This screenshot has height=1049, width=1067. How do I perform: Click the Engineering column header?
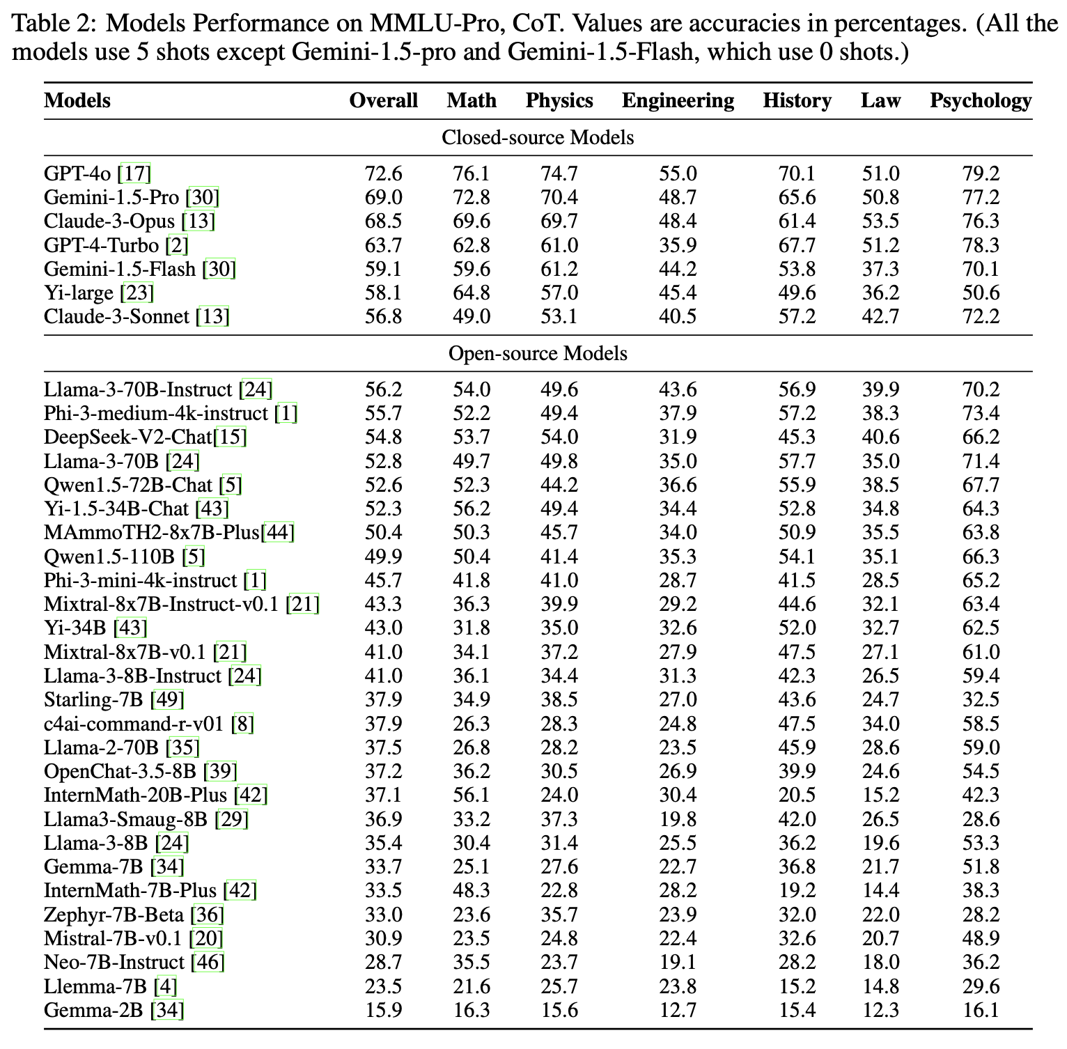click(x=678, y=101)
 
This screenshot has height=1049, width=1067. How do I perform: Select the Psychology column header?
click(x=980, y=101)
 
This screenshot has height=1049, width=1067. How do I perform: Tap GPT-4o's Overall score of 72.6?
click(x=383, y=173)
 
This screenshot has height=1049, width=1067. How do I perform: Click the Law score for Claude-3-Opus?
click(x=880, y=222)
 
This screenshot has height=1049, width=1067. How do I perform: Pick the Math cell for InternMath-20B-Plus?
click(x=472, y=795)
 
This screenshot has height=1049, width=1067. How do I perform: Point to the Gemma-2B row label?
click(x=96, y=1009)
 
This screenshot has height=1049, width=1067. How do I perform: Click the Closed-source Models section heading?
click(x=538, y=137)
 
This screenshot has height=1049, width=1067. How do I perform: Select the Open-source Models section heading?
click(x=538, y=354)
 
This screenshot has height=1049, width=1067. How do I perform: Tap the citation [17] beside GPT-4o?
click(x=134, y=173)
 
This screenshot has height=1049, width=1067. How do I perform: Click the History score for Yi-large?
click(x=797, y=293)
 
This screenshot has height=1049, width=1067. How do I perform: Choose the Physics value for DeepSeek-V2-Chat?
click(x=559, y=437)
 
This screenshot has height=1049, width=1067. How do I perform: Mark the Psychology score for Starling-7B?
click(x=981, y=699)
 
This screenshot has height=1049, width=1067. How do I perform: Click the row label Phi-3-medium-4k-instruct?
click(x=155, y=413)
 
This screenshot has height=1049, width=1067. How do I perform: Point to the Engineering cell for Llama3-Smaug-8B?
click(x=678, y=819)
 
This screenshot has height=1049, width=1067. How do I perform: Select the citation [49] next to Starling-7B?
click(x=167, y=699)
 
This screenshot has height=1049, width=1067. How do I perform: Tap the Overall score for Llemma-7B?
click(x=383, y=986)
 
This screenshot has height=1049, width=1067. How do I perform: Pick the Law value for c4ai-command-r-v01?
click(x=880, y=724)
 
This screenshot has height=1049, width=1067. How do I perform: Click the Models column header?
click(x=77, y=101)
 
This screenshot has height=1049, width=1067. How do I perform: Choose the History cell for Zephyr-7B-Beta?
click(x=797, y=915)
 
